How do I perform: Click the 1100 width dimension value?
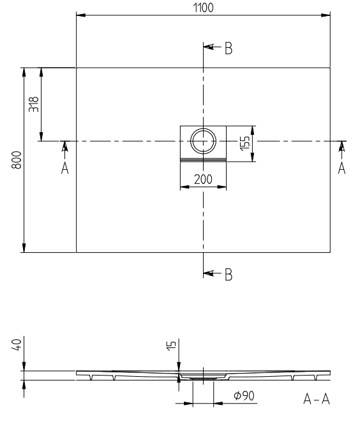point(203,8)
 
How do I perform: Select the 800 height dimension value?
point(17,160)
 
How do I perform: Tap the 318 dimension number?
point(34,104)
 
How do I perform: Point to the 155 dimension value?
point(245,143)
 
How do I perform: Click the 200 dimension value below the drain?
point(203,179)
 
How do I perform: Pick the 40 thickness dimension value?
point(17,345)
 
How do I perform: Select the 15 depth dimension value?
point(171,346)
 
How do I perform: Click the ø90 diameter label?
point(244,395)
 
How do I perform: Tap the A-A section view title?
point(317,399)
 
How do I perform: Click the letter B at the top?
point(229,49)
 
